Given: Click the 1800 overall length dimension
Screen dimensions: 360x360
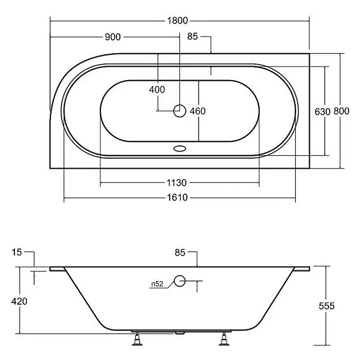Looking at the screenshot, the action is [177, 21].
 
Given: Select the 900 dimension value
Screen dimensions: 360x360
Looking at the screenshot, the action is [113, 37].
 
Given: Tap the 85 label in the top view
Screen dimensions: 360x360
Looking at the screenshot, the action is [192, 36].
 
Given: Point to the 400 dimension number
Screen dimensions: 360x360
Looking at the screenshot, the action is [157, 89].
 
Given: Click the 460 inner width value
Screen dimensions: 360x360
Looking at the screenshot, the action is [198, 111].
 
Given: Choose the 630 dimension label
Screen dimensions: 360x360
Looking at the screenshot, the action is [322, 112].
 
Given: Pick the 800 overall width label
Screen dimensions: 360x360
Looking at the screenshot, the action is [341, 111].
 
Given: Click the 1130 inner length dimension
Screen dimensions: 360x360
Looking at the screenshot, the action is [176, 183].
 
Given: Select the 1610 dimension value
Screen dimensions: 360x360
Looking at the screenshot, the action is [177, 198].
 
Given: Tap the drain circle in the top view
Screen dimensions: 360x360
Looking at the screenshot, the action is [179, 111].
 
